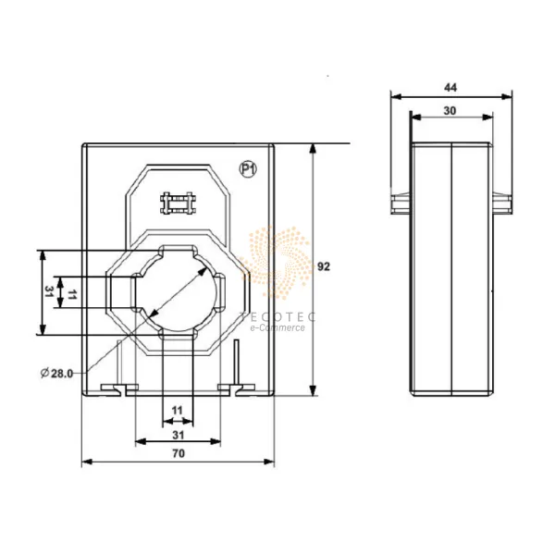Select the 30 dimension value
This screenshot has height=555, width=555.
451,109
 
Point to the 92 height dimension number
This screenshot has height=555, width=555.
324,266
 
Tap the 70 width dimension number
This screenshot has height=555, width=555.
179,453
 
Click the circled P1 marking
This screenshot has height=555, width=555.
248,169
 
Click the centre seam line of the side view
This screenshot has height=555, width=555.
450,268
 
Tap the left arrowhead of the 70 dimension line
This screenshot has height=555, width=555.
86,461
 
